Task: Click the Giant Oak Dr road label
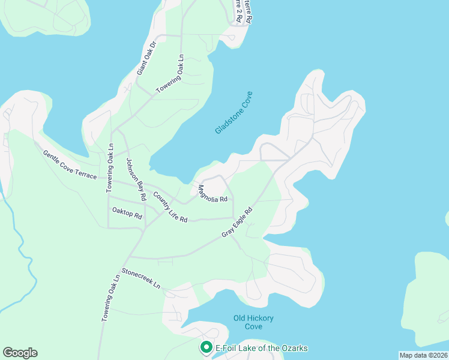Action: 146,58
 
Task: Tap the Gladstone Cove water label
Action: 234,112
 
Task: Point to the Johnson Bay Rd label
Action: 136,179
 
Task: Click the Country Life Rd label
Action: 170,207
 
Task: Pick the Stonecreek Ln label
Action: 142,278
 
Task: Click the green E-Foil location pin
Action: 206,347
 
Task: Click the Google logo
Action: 20,353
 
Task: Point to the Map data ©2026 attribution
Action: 423,355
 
